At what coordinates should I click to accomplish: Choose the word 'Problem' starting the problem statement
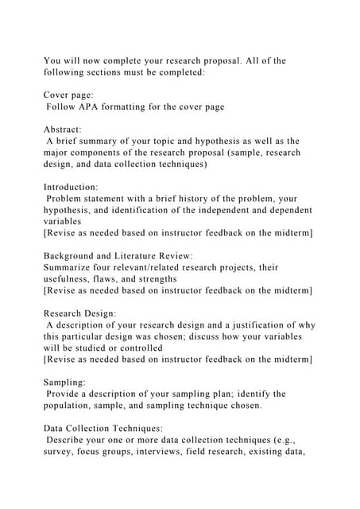tap(68, 199)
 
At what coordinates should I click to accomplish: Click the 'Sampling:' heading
tap(64, 383)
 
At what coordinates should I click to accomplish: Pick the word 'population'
tap(72, 406)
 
